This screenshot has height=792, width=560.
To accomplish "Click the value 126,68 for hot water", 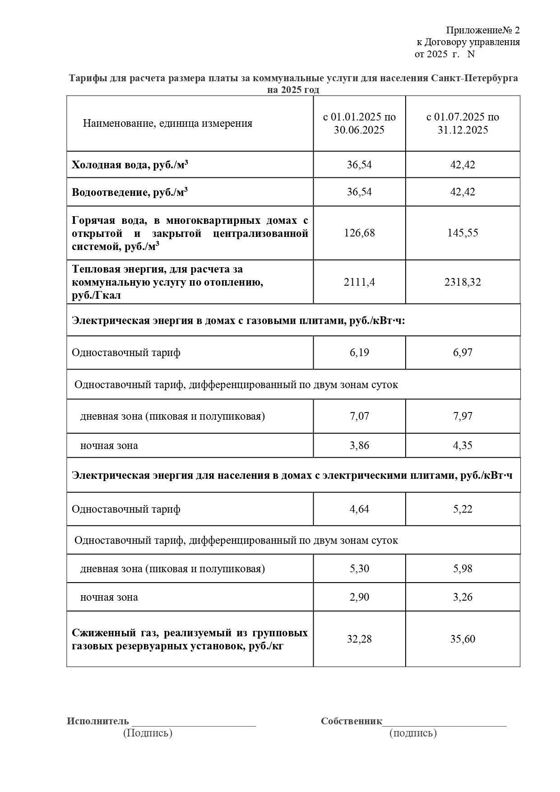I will click(359, 233).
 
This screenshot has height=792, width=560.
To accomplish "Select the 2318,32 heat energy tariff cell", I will click(463, 282).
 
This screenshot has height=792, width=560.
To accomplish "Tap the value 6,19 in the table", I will click(359, 352).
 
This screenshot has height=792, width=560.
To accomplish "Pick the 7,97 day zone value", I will click(463, 416).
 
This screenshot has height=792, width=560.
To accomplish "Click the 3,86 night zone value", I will click(359, 445).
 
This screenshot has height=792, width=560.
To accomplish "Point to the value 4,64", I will click(359, 509).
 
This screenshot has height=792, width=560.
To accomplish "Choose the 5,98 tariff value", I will click(463, 568).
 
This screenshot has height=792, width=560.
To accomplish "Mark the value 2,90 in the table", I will click(359, 597).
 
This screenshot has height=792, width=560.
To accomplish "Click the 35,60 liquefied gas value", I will click(463, 639).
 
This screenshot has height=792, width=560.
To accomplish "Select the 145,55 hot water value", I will click(463, 233).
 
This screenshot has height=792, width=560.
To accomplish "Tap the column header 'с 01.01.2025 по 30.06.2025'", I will click(359, 123).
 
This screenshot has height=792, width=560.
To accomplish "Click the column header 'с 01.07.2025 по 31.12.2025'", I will click(463, 123).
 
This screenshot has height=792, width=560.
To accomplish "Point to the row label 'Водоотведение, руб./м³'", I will click(130, 192).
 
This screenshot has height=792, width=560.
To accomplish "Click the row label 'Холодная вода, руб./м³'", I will click(130, 165).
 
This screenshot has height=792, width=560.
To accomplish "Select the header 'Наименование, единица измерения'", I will click(167, 123).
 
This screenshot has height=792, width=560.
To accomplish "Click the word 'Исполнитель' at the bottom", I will click(98, 721).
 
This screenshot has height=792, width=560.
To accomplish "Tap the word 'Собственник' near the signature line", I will click(352, 721).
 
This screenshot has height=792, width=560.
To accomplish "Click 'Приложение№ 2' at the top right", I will click(483, 30).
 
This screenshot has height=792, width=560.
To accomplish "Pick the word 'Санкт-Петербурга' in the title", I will click(474, 78).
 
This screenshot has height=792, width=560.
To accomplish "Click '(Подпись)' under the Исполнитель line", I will click(148, 732).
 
